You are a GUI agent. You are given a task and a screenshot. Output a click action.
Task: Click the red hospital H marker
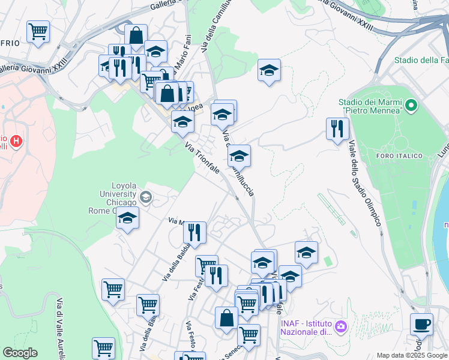(17, 142)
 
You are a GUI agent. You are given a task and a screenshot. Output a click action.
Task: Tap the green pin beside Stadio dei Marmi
(411, 106)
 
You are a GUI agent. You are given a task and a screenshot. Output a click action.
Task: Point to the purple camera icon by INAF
(341, 326)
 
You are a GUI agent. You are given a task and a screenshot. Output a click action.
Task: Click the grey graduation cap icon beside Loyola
(145, 196)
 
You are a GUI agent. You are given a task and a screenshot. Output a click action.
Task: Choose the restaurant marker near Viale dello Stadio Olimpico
(337, 128)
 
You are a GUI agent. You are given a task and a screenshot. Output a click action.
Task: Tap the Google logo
(20, 353)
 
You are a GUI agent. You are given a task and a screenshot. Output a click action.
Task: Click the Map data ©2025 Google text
(412, 355)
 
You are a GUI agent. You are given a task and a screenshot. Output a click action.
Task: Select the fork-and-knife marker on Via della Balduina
(194, 231)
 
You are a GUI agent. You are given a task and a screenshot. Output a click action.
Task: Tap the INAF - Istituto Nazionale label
(306, 327)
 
